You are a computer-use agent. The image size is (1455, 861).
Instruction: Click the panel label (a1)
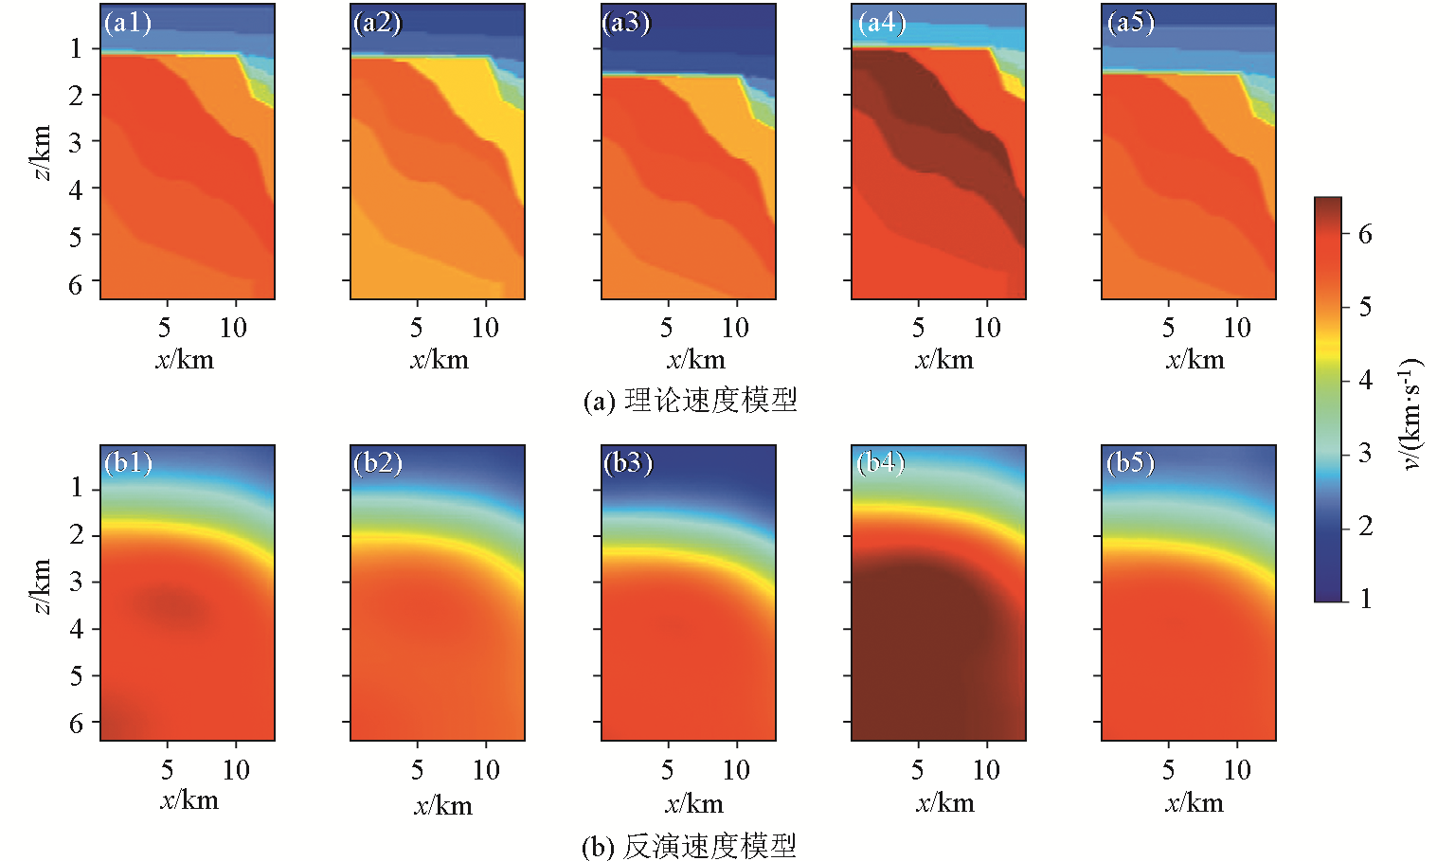tap(128, 22)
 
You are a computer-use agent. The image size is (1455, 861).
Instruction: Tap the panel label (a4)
tap(881, 22)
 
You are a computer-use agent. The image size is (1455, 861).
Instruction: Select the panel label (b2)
tap(378, 462)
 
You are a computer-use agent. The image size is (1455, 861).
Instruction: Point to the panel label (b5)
tap(1130, 462)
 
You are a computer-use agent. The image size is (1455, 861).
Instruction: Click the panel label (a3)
tap(626, 22)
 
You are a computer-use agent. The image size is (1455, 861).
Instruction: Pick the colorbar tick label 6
tap(1365, 234)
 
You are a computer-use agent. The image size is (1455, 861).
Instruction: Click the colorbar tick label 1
tap(1365, 599)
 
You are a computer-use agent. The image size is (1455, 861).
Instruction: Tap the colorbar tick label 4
tap(1365, 380)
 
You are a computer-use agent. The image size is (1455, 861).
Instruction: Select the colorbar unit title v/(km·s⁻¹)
tap(1412, 414)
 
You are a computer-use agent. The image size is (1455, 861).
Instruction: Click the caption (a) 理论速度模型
tap(691, 400)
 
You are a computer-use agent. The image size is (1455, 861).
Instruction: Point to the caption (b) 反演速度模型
tap(689, 845)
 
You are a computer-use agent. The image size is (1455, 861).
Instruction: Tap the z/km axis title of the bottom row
tap(41, 586)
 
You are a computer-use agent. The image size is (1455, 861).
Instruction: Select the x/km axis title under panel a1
tap(185, 360)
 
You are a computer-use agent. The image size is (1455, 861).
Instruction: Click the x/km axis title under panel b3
tap(694, 804)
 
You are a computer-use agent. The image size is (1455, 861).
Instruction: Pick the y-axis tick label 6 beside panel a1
tap(76, 284)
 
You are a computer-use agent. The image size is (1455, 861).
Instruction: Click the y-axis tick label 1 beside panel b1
tap(76, 489)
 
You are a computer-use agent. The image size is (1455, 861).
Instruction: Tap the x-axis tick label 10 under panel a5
tap(1237, 328)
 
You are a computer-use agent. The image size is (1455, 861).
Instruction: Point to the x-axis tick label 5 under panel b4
tap(917, 770)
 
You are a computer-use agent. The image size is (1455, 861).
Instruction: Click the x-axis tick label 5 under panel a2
tap(416, 328)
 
